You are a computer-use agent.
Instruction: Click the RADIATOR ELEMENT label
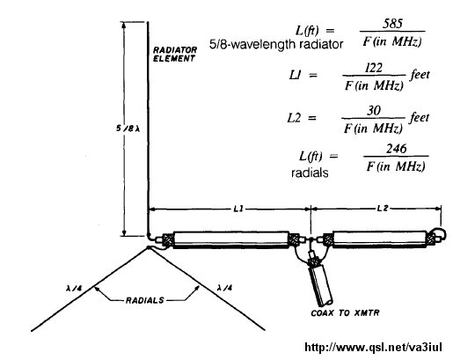(175, 54)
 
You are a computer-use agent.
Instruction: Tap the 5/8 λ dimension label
(128, 129)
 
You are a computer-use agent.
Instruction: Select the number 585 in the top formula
(392, 24)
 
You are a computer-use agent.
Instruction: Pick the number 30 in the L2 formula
(373, 111)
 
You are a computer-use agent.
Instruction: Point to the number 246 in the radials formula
(396, 149)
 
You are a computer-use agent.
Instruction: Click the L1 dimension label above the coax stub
(238, 209)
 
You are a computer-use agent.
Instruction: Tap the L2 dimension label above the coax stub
(383, 209)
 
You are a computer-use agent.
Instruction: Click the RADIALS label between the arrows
(145, 300)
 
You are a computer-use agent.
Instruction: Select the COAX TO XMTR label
(345, 312)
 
